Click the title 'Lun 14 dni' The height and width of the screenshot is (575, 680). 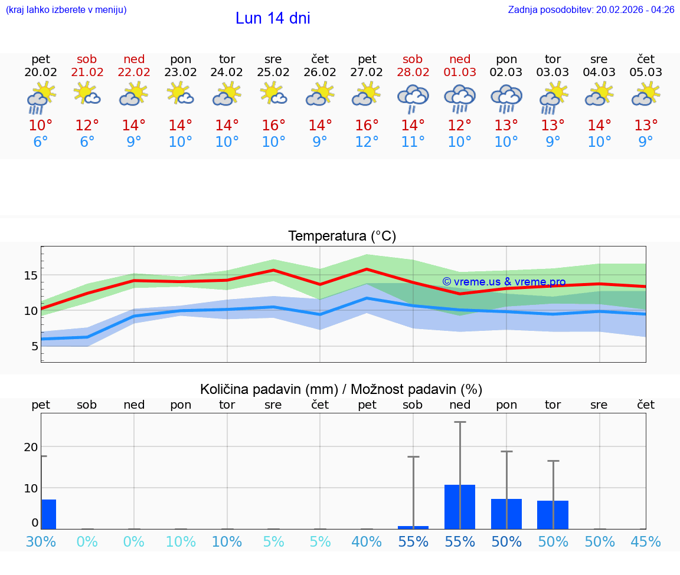(x=273, y=18)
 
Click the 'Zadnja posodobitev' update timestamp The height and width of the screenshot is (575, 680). (x=591, y=10)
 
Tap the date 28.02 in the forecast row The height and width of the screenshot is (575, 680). (x=413, y=73)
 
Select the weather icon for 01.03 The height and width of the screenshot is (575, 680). (x=460, y=98)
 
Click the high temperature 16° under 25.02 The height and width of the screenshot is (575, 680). (x=273, y=125)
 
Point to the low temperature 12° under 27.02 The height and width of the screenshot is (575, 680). (x=367, y=142)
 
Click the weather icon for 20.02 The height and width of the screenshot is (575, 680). (x=41, y=98)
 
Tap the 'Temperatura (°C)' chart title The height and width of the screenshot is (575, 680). (x=342, y=236)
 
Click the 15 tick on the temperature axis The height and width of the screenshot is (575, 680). (x=31, y=275)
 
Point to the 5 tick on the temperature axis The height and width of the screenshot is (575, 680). (x=34, y=346)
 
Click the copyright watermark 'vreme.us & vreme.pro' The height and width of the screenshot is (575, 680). (x=504, y=282)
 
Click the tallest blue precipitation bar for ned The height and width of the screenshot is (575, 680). (x=460, y=507)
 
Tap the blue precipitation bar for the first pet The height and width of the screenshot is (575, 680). (x=48, y=514)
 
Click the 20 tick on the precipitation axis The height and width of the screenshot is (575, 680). (x=31, y=447)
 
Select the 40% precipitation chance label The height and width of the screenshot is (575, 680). (x=367, y=541)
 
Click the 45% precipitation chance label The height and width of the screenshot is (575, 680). (x=646, y=541)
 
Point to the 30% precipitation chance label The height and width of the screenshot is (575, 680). (x=41, y=541)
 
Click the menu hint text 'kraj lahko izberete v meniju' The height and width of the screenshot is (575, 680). (x=66, y=10)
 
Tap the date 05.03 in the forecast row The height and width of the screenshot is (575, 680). (x=646, y=73)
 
